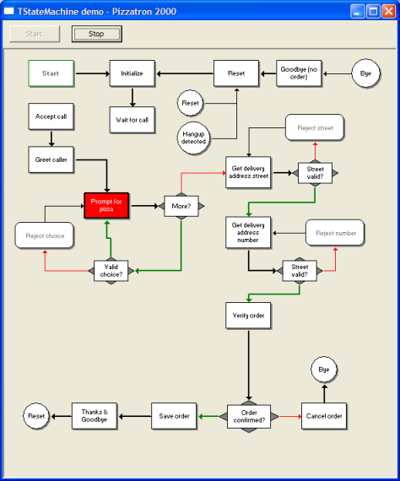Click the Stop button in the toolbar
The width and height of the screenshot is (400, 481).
coord(97,34)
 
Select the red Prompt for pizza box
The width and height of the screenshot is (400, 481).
coord(106,206)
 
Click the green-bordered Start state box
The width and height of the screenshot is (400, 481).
coord(51,73)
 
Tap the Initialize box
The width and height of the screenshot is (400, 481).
coord(132,73)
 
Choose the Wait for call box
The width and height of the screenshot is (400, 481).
coord(132,120)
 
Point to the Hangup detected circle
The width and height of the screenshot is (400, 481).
coord(193,138)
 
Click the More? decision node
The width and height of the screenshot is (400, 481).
coord(181,206)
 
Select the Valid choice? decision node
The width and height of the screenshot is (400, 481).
coord(111,271)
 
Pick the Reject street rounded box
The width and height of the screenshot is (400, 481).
coord(315,127)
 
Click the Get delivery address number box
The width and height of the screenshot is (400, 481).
coord(248,233)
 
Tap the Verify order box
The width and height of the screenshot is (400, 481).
coord(248,316)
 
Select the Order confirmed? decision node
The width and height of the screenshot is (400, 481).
coord(249,416)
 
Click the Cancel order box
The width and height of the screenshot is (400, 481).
coord(324,416)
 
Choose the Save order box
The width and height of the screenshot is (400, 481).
coord(174,416)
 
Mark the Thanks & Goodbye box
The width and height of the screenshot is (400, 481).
coord(95,416)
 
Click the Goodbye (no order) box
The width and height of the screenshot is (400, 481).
coord(299,73)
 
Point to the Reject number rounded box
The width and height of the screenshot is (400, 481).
coord(335,233)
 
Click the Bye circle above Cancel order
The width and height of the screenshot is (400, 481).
coord(324,370)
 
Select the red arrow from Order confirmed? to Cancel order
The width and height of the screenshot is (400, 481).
coord(290,416)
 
